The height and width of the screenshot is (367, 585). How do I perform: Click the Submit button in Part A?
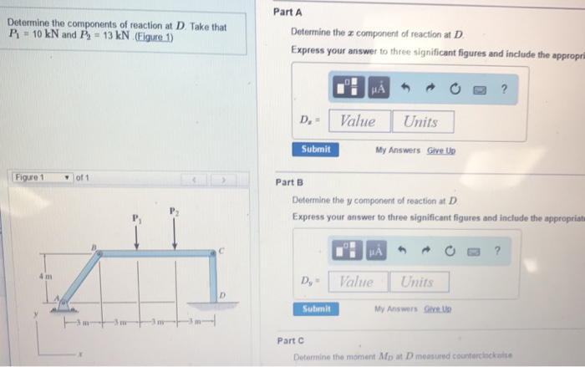point(316,149)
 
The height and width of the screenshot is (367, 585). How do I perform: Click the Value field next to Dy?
point(357,281)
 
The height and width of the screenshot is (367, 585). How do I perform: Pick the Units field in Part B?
point(418,281)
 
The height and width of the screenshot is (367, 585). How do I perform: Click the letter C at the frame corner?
point(221,249)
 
